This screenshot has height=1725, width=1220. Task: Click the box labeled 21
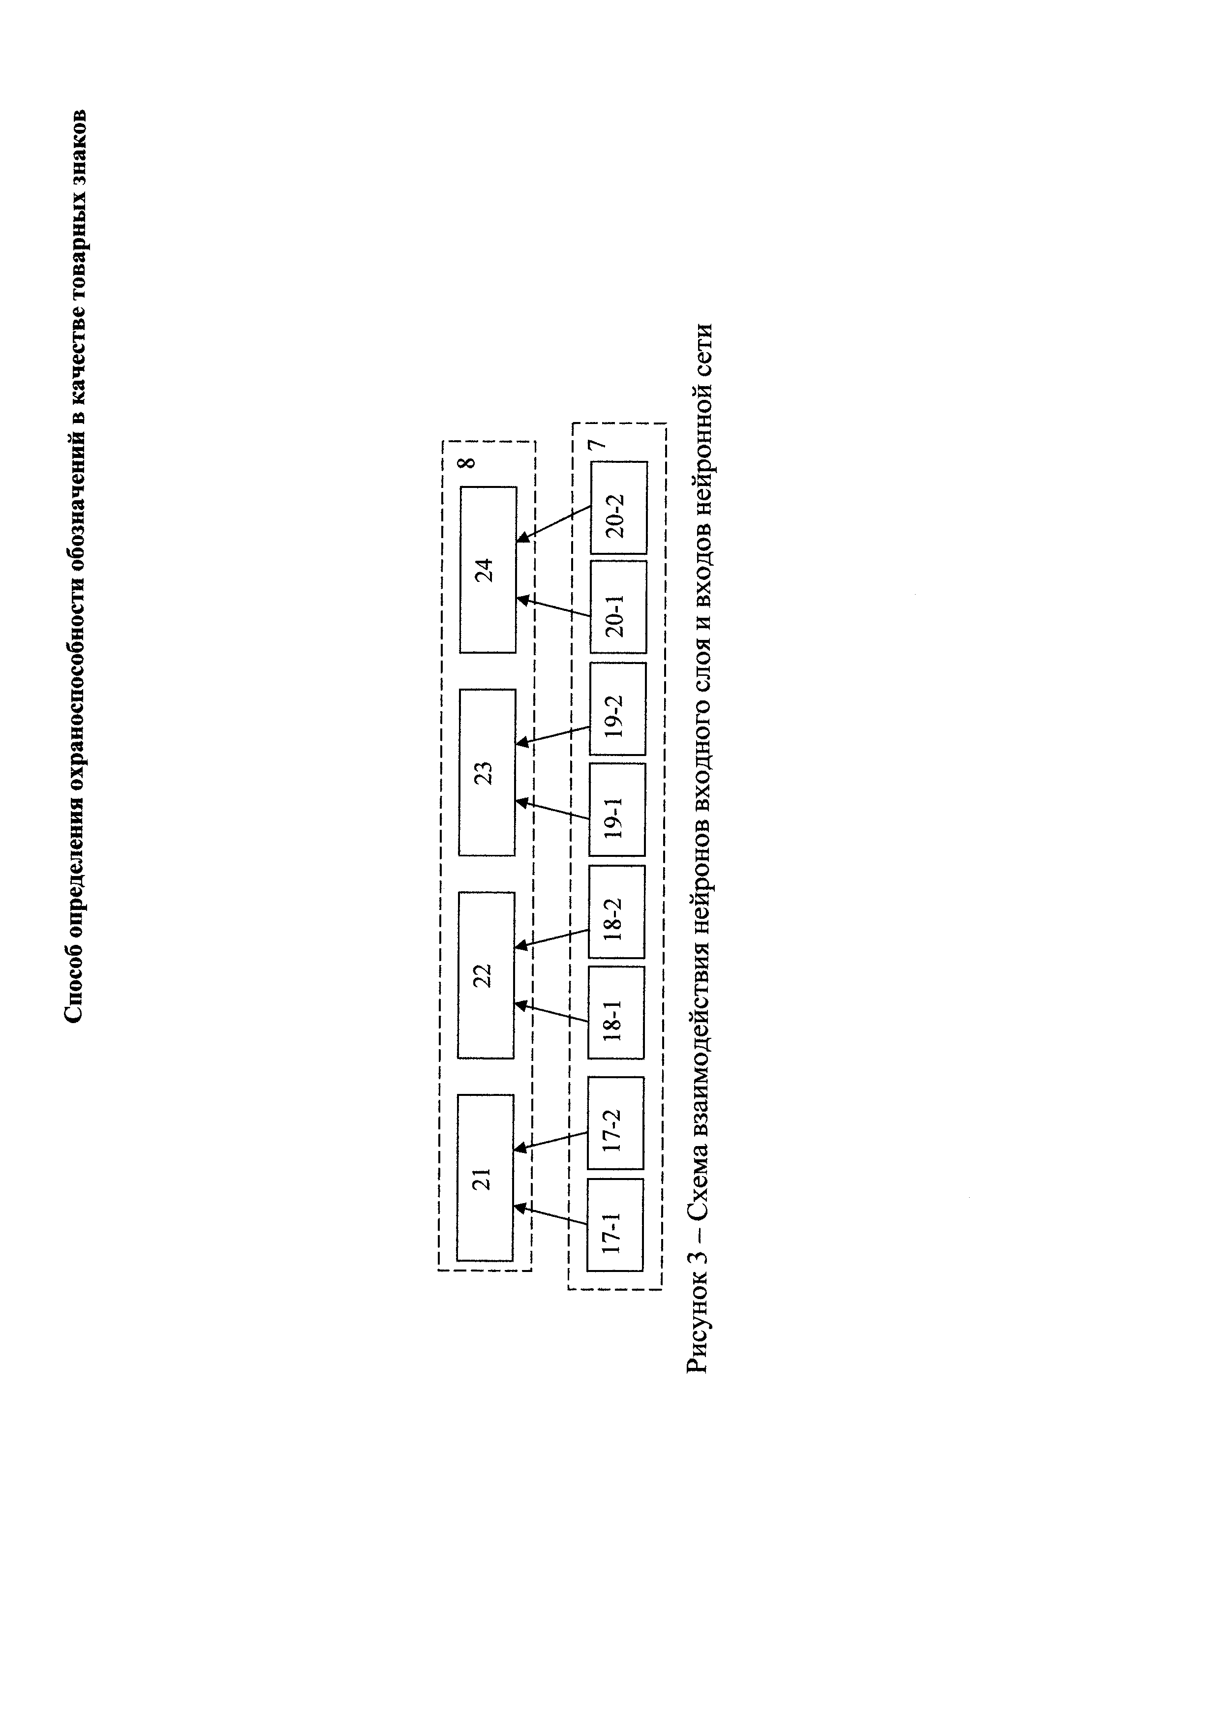[486, 1178]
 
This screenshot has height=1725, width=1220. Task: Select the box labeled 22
[486, 975]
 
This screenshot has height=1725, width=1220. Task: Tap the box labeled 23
[487, 772]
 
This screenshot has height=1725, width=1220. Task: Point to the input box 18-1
[616, 1013]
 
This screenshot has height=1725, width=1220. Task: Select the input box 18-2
[616, 912]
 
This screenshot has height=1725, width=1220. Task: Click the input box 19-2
[617, 708]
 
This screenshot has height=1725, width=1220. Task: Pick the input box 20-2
[619, 508]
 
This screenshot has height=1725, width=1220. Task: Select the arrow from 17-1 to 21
[550, 1215]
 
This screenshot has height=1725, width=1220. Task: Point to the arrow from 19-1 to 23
[553, 809]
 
